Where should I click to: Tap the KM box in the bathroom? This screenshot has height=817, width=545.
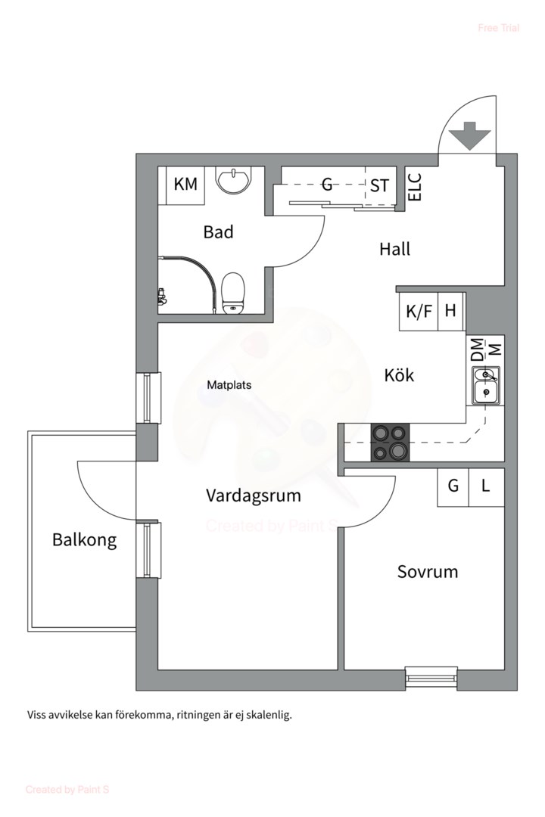[x=185, y=185]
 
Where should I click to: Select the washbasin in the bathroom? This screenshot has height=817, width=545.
[x=233, y=181]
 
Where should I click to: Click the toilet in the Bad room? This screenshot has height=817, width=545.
[x=232, y=292]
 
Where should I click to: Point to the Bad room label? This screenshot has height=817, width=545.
[x=218, y=232]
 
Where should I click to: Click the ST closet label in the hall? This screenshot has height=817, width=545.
[x=379, y=185]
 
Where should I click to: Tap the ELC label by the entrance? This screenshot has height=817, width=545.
[x=414, y=187]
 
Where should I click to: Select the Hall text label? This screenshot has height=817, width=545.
[x=394, y=249]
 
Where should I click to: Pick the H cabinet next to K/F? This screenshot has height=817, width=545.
[x=450, y=311]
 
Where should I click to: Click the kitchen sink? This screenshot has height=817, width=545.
[x=485, y=385]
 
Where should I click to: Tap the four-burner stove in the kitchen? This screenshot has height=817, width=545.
[x=389, y=442]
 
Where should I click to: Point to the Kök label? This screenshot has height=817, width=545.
[x=399, y=374]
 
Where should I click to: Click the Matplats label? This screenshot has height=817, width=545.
[x=229, y=385]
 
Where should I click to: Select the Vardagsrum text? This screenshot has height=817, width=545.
[x=253, y=495]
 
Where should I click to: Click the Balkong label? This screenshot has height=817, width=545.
[x=84, y=540]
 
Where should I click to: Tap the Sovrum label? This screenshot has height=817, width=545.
[x=428, y=571]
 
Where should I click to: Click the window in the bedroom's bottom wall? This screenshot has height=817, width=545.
[x=431, y=675]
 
